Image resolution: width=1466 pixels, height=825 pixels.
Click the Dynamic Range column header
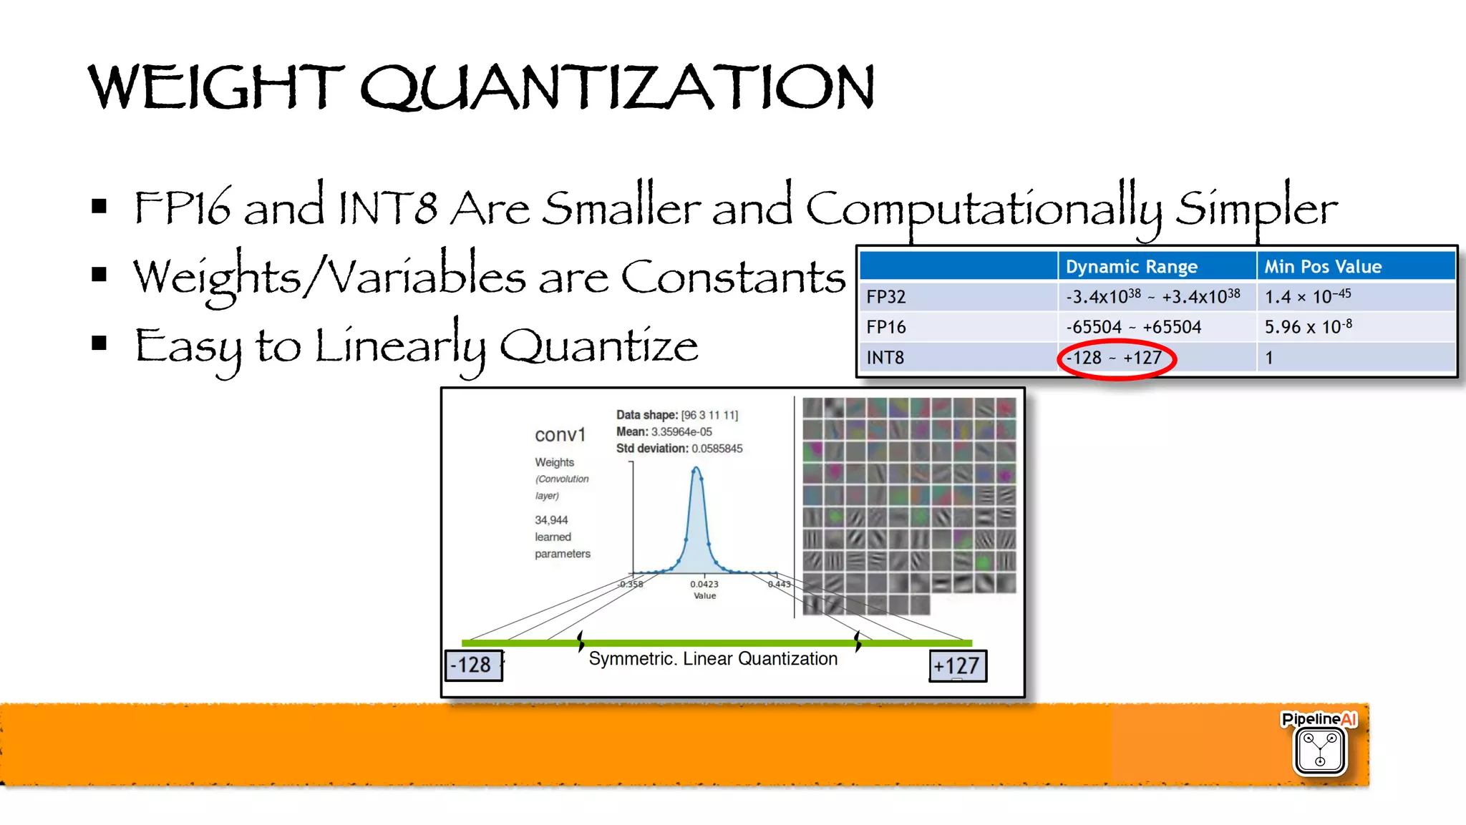[x=1131, y=267]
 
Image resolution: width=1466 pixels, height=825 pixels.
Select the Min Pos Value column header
[x=1322, y=267]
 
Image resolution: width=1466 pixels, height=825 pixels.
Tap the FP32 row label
[x=886, y=297]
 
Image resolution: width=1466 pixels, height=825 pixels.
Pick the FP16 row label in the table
[x=886, y=327]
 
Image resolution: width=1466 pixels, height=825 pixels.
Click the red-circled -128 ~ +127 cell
[x=1115, y=358]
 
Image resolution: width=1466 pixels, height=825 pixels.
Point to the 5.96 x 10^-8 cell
[x=1308, y=327]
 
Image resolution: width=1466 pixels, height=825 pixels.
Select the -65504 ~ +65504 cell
[x=1133, y=327]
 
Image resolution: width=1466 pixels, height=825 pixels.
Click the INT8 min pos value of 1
[x=1269, y=358]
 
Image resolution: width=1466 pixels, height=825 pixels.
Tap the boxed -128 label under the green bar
[x=472, y=665]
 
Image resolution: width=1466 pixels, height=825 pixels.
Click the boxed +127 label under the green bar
[x=957, y=666]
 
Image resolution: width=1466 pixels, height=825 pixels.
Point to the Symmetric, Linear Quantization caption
[x=713, y=658]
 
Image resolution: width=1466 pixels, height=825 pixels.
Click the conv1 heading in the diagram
[x=560, y=435]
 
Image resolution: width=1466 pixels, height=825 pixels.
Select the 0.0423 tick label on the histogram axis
[x=704, y=584]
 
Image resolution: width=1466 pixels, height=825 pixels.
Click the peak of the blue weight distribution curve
[x=696, y=469]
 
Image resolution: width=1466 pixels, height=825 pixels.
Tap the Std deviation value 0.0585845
[x=717, y=449]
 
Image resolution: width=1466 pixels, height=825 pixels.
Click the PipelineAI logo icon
[x=1319, y=750]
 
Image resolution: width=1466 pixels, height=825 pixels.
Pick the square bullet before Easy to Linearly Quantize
[x=99, y=343]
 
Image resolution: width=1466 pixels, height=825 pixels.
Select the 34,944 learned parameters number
[x=551, y=520]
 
